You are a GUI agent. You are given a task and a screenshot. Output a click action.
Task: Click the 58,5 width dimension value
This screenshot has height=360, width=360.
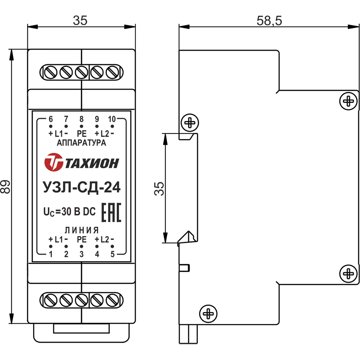pos(270,21)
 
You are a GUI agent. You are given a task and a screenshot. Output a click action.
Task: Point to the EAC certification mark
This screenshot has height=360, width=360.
pos(112,212)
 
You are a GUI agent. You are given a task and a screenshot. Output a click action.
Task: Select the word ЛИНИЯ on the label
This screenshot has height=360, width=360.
pos(82,230)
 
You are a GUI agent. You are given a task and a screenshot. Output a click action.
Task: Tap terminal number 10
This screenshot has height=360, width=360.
pos(112,119)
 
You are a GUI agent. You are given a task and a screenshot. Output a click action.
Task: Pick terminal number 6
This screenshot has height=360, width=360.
pos(51,119)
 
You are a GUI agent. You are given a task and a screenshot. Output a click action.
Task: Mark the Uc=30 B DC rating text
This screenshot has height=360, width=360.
pos(69,212)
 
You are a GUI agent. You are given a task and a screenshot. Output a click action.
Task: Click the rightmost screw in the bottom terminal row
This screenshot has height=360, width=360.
pos(113,299)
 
